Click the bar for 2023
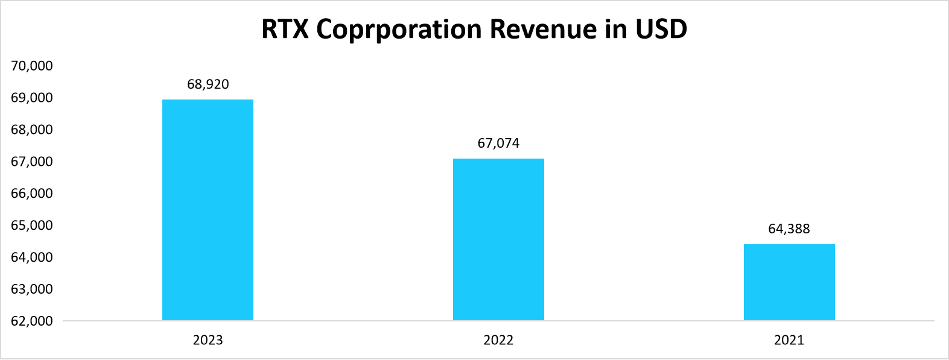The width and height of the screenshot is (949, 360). click(x=208, y=210)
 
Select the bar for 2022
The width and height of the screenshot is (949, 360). click(x=498, y=239)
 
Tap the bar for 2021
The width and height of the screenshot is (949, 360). click(x=789, y=282)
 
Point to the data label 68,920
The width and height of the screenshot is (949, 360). click(x=208, y=84)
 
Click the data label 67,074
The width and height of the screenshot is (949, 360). click(x=498, y=144)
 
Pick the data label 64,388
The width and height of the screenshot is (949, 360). click(x=789, y=229)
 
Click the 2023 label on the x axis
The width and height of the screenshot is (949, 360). click(x=208, y=340)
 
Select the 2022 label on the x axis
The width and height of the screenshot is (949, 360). click(x=498, y=340)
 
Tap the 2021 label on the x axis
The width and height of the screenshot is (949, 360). click(x=789, y=340)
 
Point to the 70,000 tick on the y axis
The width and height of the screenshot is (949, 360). click(x=32, y=66)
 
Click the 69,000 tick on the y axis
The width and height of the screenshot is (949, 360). click(x=32, y=98)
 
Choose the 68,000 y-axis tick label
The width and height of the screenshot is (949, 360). click(x=32, y=130)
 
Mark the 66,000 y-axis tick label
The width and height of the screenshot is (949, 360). click(x=32, y=194)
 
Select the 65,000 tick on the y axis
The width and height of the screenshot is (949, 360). click(x=32, y=226)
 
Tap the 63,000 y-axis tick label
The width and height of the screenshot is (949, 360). click(x=32, y=289)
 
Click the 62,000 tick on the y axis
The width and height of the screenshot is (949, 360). click(x=32, y=321)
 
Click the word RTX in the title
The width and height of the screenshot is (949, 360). click(x=285, y=29)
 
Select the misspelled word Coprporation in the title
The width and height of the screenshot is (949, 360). click(x=399, y=30)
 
